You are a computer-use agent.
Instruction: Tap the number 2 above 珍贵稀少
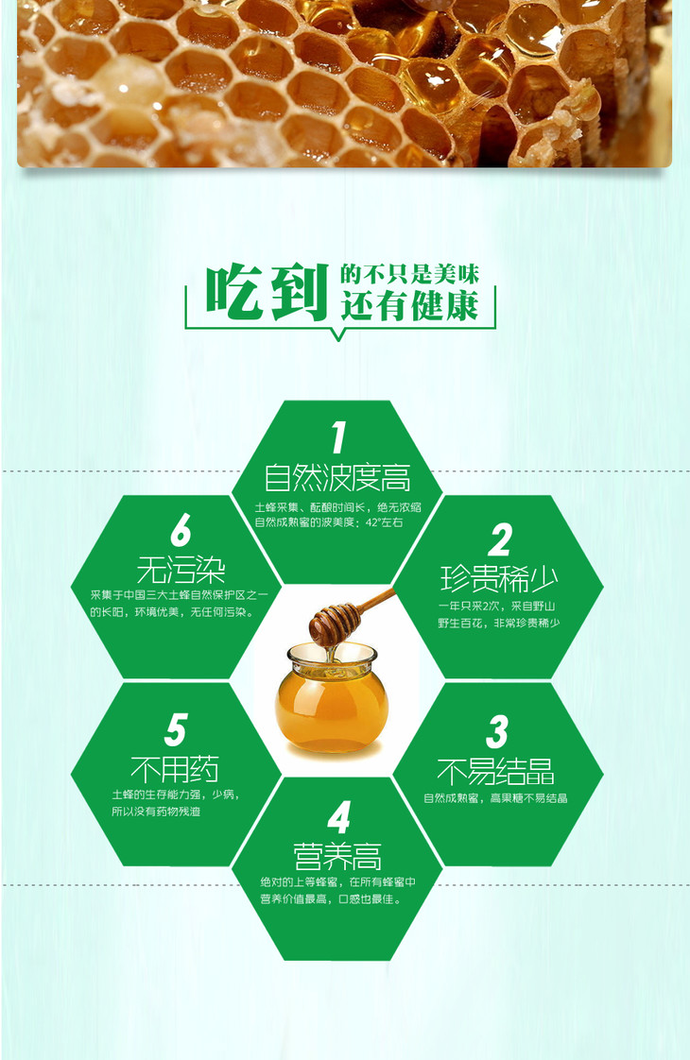(501, 539)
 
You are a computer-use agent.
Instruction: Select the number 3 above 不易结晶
(497, 731)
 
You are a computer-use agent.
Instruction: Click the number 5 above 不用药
(175, 728)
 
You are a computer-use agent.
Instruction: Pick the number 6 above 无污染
(181, 529)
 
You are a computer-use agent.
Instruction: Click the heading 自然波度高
(336, 477)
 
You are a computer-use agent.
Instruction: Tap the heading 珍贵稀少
(499, 579)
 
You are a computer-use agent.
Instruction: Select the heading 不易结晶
(496, 771)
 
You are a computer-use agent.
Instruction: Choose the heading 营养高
(337, 856)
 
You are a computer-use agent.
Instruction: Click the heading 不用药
(175, 769)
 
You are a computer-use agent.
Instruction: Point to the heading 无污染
(181, 570)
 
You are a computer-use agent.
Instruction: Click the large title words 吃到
(267, 292)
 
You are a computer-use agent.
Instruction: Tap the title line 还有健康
(410, 305)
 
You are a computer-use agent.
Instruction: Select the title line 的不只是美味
(410, 274)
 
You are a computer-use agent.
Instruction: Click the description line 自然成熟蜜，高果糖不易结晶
(495, 798)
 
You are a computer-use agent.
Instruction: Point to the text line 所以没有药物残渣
(156, 812)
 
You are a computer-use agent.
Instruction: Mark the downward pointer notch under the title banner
(339, 333)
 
